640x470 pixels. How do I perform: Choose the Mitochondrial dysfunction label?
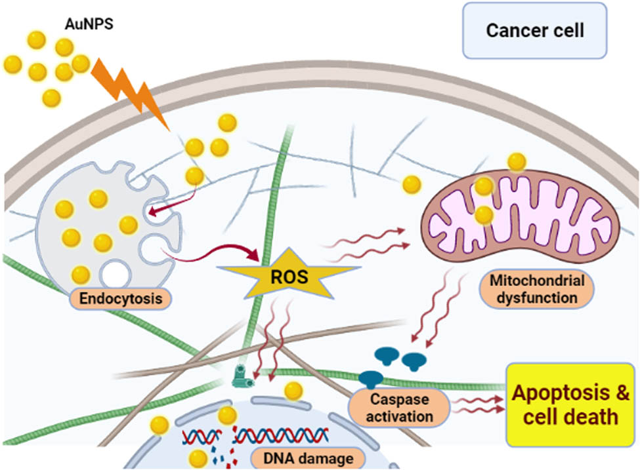(x=536, y=289)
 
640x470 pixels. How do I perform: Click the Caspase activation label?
(x=400, y=406)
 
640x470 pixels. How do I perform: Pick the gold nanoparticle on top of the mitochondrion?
(x=517, y=161)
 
